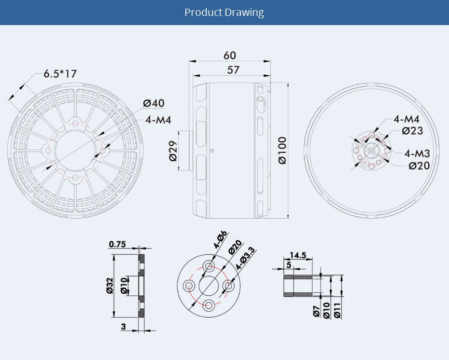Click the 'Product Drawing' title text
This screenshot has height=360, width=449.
point(224,12)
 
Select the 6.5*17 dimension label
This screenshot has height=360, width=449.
point(60,74)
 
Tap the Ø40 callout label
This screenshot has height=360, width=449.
point(154,103)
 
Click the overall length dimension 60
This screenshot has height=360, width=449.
point(230,55)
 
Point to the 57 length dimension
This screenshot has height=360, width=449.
point(233,70)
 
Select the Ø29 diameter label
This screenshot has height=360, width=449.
point(173,151)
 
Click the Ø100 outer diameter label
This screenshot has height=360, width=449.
point(282,150)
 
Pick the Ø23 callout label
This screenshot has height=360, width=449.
point(412,130)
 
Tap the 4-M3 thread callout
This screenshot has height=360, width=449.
point(417,153)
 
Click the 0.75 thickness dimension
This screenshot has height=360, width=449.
point(117,244)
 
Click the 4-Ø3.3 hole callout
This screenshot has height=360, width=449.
point(246,258)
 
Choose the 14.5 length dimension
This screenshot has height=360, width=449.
point(298,255)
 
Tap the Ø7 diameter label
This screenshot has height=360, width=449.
point(316,312)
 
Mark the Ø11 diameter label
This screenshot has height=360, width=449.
point(337,309)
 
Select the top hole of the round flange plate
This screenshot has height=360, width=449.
point(209,266)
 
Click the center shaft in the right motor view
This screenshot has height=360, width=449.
point(371,151)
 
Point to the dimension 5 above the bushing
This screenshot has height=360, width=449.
point(289,264)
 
